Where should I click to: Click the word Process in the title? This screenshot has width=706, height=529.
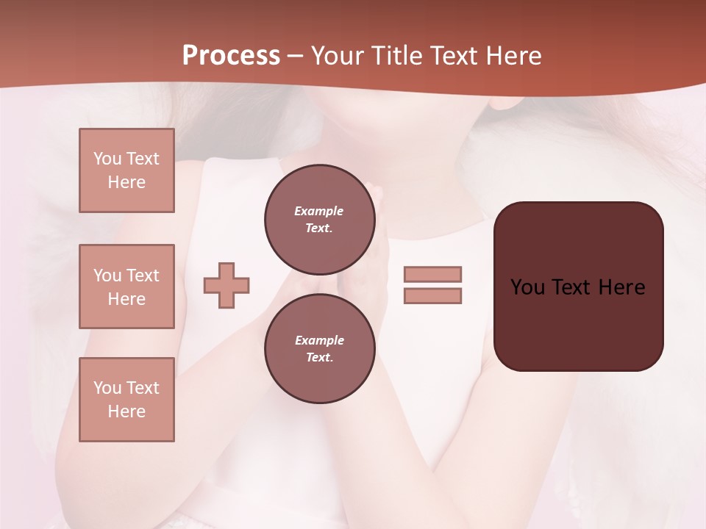[231, 56]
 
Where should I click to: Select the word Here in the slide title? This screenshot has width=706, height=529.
[510, 56]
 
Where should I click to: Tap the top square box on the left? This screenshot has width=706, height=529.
[126, 170]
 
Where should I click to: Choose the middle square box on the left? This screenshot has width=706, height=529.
[126, 287]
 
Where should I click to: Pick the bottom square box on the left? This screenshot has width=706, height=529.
[126, 400]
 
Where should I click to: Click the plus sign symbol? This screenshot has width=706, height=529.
[227, 285]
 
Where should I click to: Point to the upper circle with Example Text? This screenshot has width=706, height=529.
[319, 219]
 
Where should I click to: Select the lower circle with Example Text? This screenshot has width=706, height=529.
[319, 348]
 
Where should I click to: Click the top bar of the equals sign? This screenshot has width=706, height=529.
[432, 274]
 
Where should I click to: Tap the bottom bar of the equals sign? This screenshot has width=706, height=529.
[432, 296]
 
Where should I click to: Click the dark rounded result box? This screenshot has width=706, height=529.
[578, 287]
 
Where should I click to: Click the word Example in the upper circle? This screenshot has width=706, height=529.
[319, 211]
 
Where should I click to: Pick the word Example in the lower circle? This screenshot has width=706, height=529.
[319, 340]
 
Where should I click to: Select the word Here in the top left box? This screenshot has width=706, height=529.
[126, 182]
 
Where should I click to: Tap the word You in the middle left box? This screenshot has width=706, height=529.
[107, 276]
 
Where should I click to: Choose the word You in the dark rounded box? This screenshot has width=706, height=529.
[527, 287]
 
